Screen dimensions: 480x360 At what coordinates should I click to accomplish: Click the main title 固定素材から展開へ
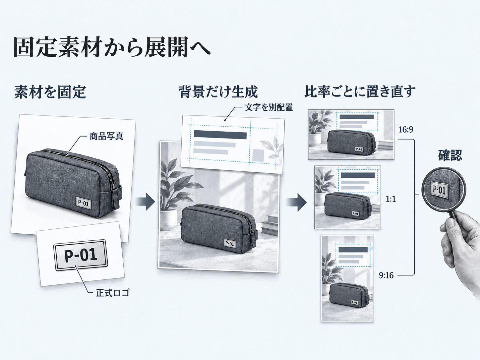[112, 47]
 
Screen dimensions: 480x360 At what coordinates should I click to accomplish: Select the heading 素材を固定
[50, 92]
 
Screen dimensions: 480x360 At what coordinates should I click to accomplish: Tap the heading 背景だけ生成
[218, 92]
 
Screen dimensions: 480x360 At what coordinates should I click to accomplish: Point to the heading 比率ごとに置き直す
[360, 91]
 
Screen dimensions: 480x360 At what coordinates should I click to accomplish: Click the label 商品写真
[106, 136]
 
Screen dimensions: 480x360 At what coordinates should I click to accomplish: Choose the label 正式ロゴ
[113, 293]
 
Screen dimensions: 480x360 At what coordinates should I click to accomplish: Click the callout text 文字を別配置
[269, 107]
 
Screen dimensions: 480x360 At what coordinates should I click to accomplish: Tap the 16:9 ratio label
[406, 130]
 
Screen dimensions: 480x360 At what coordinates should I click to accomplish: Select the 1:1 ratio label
[390, 199]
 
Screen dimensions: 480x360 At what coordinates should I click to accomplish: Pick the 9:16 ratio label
[386, 275]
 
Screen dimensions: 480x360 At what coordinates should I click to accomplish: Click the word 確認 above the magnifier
[450, 155]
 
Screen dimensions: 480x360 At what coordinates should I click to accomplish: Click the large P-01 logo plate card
[81, 255]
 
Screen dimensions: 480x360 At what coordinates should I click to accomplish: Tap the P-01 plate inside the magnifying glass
[439, 190]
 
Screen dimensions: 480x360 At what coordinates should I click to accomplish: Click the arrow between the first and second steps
[145, 201]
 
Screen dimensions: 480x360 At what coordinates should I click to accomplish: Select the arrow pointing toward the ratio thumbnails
[297, 202]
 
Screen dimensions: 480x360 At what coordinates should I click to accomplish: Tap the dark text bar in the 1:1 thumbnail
[358, 175]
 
